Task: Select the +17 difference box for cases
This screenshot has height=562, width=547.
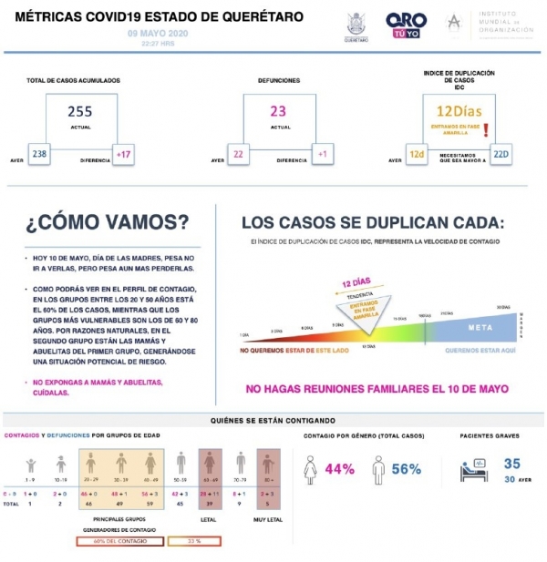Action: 123,155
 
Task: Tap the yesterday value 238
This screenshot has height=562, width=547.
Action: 39,155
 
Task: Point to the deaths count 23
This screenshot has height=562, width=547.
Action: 278,111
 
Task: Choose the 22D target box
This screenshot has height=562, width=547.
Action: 501,155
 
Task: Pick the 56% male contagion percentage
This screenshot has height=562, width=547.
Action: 406,469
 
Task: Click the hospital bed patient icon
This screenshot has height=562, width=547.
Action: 472,469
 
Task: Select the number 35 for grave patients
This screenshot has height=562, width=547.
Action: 511,464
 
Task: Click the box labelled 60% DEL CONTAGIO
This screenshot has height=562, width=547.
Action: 120,540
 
